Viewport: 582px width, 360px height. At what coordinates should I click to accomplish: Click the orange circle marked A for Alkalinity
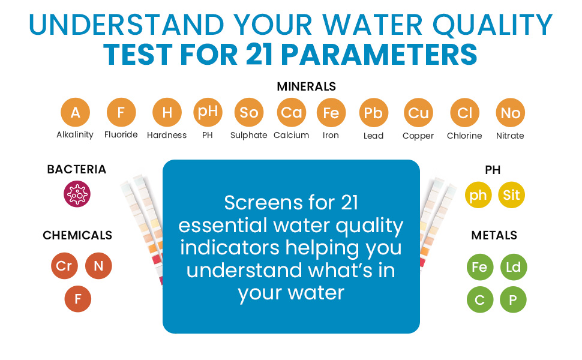(76, 112)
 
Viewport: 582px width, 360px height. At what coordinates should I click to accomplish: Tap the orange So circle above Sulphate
(249, 112)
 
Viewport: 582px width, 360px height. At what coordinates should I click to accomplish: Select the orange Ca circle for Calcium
(292, 112)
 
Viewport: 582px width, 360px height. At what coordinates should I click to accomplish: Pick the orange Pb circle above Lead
(374, 112)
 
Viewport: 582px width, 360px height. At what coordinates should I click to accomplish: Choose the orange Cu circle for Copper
(418, 112)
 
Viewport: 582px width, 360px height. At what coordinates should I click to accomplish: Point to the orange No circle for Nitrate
(511, 112)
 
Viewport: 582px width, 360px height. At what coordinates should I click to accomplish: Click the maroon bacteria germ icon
(77, 194)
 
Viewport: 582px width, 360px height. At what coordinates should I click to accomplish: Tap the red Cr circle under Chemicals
(64, 266)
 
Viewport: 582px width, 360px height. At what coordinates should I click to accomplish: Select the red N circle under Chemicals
(98, 266)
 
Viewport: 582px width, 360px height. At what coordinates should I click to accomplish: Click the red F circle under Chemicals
(77, 299)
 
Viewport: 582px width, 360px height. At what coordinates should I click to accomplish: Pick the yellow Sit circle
(511, 195)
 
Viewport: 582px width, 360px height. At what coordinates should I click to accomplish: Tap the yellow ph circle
(478, 195)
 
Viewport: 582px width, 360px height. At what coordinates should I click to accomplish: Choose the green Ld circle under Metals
(514, 267)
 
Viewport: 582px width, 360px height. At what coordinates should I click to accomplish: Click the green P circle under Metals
(513, 299)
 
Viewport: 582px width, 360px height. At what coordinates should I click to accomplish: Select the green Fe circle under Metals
(480, 267)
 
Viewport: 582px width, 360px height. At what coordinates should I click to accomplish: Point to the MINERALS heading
(306, 86)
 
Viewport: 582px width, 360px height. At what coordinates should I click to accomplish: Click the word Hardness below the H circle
(167, 135)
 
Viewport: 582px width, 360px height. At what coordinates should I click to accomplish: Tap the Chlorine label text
(464, 136)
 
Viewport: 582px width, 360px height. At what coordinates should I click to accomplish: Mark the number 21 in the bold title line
(259, 55)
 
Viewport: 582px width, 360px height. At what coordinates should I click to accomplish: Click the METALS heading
(494, 235)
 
